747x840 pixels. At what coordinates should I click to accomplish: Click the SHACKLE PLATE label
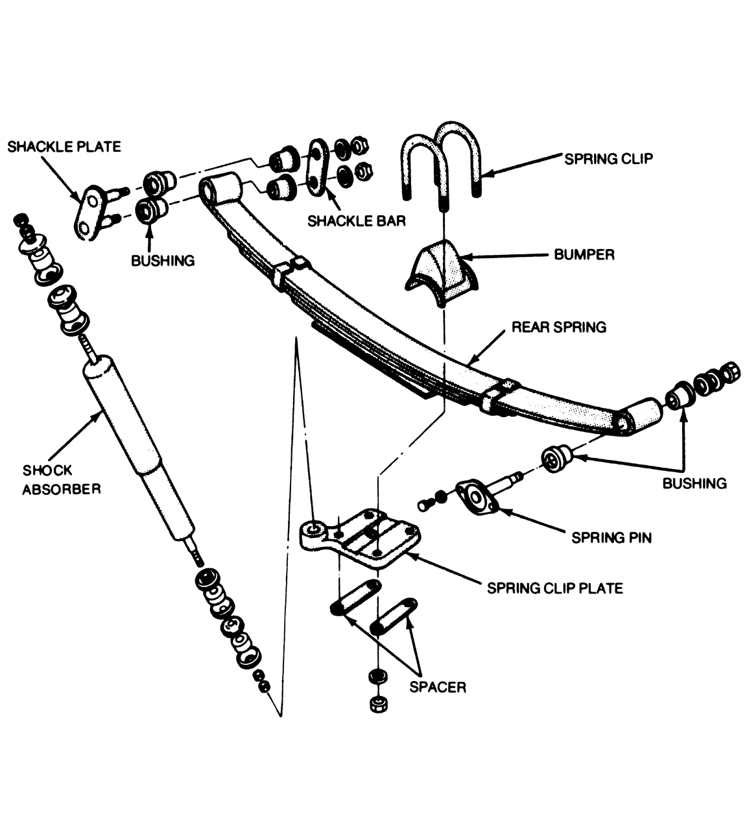point(64,147)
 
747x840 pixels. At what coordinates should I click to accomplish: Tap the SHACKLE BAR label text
point(356,221)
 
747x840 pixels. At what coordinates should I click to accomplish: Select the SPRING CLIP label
point(608,159)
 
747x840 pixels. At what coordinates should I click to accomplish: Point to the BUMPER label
point(584,255)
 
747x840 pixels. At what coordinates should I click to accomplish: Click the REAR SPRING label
point(559,327)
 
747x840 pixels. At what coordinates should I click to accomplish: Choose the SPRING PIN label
point(611,538)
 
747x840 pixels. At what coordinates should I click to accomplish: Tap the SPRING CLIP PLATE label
point(555,588)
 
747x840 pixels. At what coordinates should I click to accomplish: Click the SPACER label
point(438,687)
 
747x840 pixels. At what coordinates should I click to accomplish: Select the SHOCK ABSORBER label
point(62,479)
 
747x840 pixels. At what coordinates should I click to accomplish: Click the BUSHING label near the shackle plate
point(163,261)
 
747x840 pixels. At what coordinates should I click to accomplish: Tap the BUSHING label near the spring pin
point(694,483)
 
